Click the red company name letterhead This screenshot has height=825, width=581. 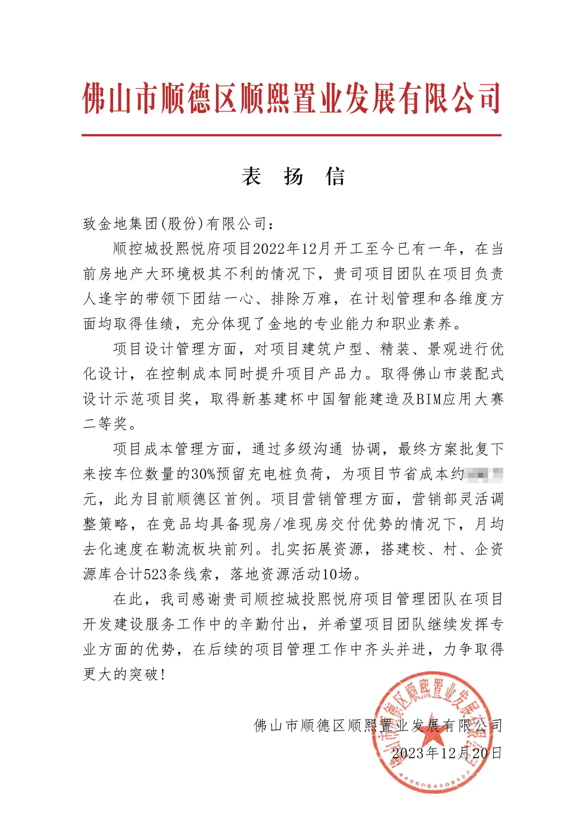pos(291,98)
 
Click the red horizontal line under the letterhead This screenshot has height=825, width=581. pos(291,135)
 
